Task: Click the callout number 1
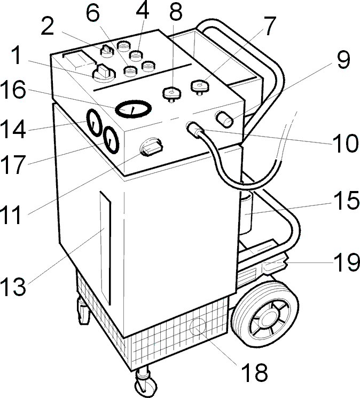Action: [x=17, y=55]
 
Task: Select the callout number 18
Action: [x=255, y=372]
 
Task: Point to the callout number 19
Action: [x=347, y=263]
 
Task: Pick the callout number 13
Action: [x=13, y=286]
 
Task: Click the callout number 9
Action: [x=343, y=60]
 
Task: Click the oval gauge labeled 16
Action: [x=134, y=109]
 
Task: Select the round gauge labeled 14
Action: [x=95, y=123]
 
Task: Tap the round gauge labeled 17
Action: [x=111, y=140]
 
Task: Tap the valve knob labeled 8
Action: [x=172, y=93]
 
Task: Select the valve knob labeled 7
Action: [x=200, y=87]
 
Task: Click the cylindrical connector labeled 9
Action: [x=224, y=119]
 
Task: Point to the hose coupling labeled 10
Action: [x=195, y=129]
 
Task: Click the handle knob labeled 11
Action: [x=152, y=147]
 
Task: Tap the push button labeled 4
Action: [x=136, y=55]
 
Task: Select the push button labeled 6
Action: [x=130, y=70]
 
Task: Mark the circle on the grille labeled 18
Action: [x=198, y=327]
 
